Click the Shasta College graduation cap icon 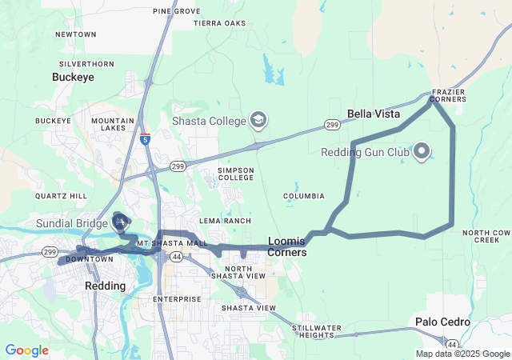pyautogui.click(x=258, y=120)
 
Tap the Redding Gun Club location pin pyautogui.click(x=421, y=151)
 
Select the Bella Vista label pyautogui.click(x=374, y=114)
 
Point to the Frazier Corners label pyautogui.click(x=448, y=96)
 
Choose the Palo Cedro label pyautogui.click(x=442, y=322)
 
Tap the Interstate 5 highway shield pyautogui.click(x=145, y=139)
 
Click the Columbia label pyautogui.click(x=304, y=196)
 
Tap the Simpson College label pyautogui.click(x=236, y=174)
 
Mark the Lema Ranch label pyautogui.click(x=220, y=221)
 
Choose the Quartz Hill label pyautogui.click(x=61, y=196)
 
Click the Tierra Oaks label pyautogui.click(x=220, y=23)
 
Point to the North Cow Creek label pyautogui.click(x=486, y=236)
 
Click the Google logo pyautogui.click(x=26, y=350)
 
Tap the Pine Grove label pyautogui.click(x=176, y=11)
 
